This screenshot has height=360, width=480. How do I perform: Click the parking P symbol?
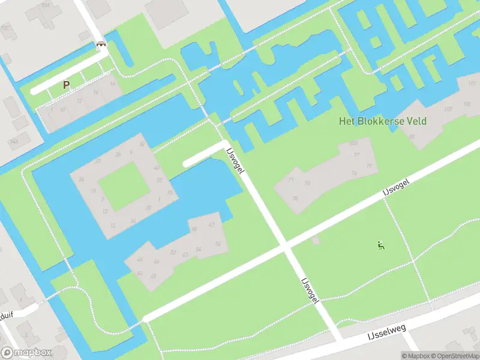tap(66, 85)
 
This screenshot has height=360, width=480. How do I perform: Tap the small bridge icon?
tap(101, 44)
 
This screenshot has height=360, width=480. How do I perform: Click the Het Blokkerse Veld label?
tap(383, 121)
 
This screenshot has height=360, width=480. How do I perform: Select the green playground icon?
tap(380, 245)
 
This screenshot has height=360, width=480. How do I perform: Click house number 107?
tap(448, 109)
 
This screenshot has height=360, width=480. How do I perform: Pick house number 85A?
tap(353, 143)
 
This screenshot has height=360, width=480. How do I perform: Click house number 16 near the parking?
tap(112, 83)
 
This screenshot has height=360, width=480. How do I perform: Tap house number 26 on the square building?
tap(118, 155)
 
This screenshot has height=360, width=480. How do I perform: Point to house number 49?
tap(140, 260)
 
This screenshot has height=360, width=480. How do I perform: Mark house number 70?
tap(295, 199)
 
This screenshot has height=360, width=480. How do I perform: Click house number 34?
tap(133, 221)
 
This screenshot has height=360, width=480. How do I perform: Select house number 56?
tap(218, 244)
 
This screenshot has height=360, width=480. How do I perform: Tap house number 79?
tap(354, 173)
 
